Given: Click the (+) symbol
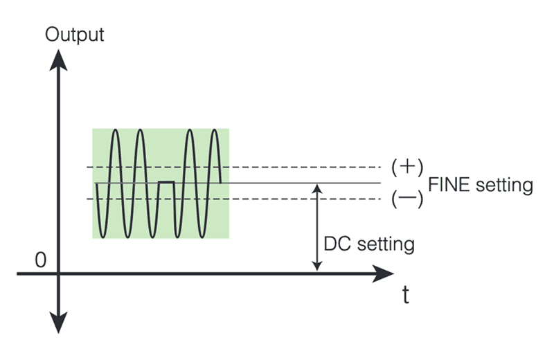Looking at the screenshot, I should tap(406, 166).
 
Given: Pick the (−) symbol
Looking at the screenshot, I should tap(406, 199).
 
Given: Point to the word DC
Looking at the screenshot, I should tap(337, 244).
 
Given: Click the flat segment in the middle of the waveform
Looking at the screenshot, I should tap(166, 181).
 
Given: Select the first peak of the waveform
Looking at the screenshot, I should tap(115, 130).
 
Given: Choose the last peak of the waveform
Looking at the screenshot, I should tap(216, 130).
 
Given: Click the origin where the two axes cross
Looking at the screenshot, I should tap(60, 273).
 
